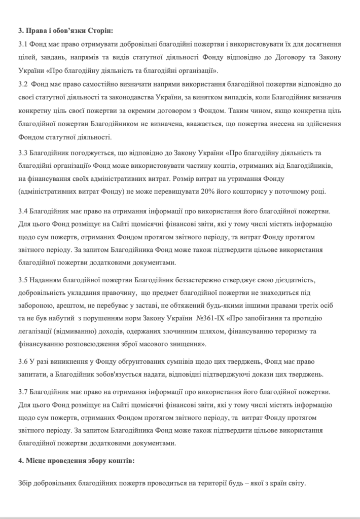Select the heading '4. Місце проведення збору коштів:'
click(78, 462)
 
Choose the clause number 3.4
click(22, 210)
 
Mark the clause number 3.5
click(22, 279)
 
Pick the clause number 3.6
click(22, 361)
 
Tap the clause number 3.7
click(22, 393)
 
